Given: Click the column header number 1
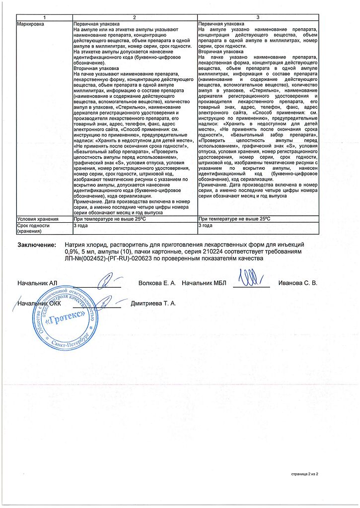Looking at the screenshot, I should [44, 18].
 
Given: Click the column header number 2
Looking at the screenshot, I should [134, 18].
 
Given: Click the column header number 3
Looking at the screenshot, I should [258, 18].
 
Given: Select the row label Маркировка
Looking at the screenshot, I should [30, 24].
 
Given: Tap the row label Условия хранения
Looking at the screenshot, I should [38, 219].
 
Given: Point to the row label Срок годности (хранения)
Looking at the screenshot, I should [34, 228].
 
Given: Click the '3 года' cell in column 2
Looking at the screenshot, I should [80, 225].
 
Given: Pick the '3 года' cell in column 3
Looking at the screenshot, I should [205, 225].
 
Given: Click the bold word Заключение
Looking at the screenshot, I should [37, 245].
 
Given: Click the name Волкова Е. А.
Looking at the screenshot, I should [157, 283].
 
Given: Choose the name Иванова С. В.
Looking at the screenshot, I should [297, 283].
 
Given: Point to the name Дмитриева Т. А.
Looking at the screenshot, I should [153, 303].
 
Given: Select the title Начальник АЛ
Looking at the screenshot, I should [37, 283].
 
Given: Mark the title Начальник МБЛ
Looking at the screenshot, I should [204, 283].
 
